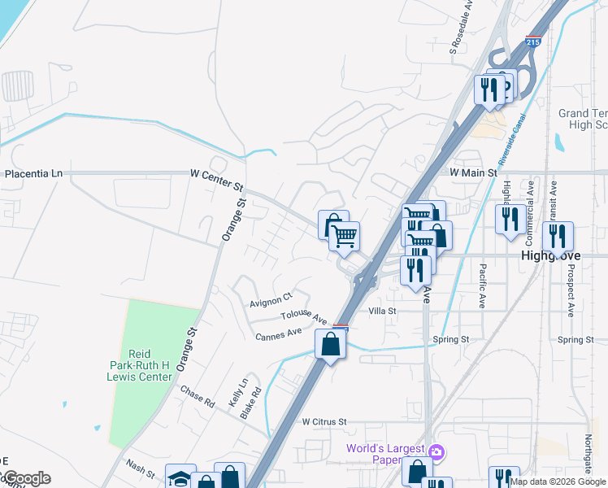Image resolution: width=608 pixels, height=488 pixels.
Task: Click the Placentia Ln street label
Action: click(33, 174)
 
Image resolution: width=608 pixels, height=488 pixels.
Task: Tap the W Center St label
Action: click(216, 173)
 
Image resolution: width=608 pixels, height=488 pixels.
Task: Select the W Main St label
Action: click(473, 172)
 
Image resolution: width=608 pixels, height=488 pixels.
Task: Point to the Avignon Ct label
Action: click(271, 302)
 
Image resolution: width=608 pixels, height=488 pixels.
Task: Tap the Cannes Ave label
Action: click(279, 335)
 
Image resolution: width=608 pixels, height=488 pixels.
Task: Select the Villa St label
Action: click(381, 311)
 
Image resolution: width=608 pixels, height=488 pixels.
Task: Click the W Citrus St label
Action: click(324, 422)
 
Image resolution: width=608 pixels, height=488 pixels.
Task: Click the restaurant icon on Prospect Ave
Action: click(558, 236)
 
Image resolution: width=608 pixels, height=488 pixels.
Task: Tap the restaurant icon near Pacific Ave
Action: click(510, 219)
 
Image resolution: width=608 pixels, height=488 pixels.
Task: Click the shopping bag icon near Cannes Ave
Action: click(330, 343)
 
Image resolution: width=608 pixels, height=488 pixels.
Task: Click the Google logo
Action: click(26, 478)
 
